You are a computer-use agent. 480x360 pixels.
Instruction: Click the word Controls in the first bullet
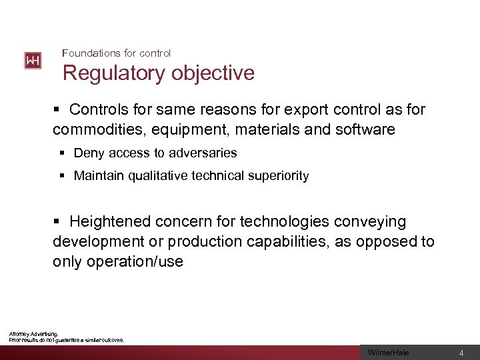97,109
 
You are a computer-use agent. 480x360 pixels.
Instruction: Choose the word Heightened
111,221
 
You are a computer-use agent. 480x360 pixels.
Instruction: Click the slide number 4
461,353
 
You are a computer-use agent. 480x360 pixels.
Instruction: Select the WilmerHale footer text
389,353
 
